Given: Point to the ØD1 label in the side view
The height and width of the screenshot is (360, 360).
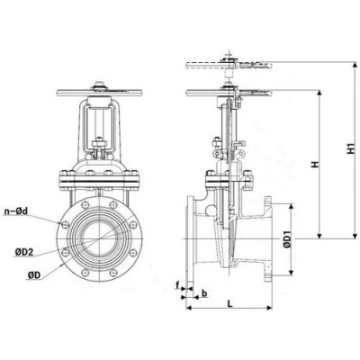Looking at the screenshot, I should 287,238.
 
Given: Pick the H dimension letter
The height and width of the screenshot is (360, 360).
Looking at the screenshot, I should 313,164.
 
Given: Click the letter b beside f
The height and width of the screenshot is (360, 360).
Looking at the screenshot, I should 205,292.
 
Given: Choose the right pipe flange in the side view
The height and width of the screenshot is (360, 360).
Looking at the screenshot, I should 269,238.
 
